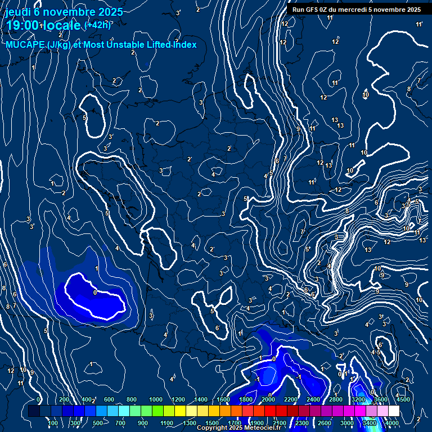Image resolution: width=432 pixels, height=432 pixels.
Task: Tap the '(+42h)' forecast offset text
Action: coord(97,25)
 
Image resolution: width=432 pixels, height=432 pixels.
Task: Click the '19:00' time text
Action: coord(22,25)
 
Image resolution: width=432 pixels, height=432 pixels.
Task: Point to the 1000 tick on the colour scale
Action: coord(155,400)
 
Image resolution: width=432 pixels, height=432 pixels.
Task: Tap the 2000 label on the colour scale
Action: coord(269,400)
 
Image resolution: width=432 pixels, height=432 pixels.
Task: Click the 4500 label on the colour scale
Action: coord(403,400)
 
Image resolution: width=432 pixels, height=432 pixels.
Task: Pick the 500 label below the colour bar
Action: coord(98,423)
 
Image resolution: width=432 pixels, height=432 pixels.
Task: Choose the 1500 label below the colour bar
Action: coord(211,423)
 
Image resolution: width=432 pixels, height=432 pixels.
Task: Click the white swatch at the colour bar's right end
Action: coord(393,411)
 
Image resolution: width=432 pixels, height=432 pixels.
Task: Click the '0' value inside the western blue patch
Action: coord(94,292)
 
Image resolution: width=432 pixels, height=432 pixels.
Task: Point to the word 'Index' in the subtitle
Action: coord(184,44)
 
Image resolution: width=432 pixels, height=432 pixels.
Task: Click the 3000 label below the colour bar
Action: coord(347,423)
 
